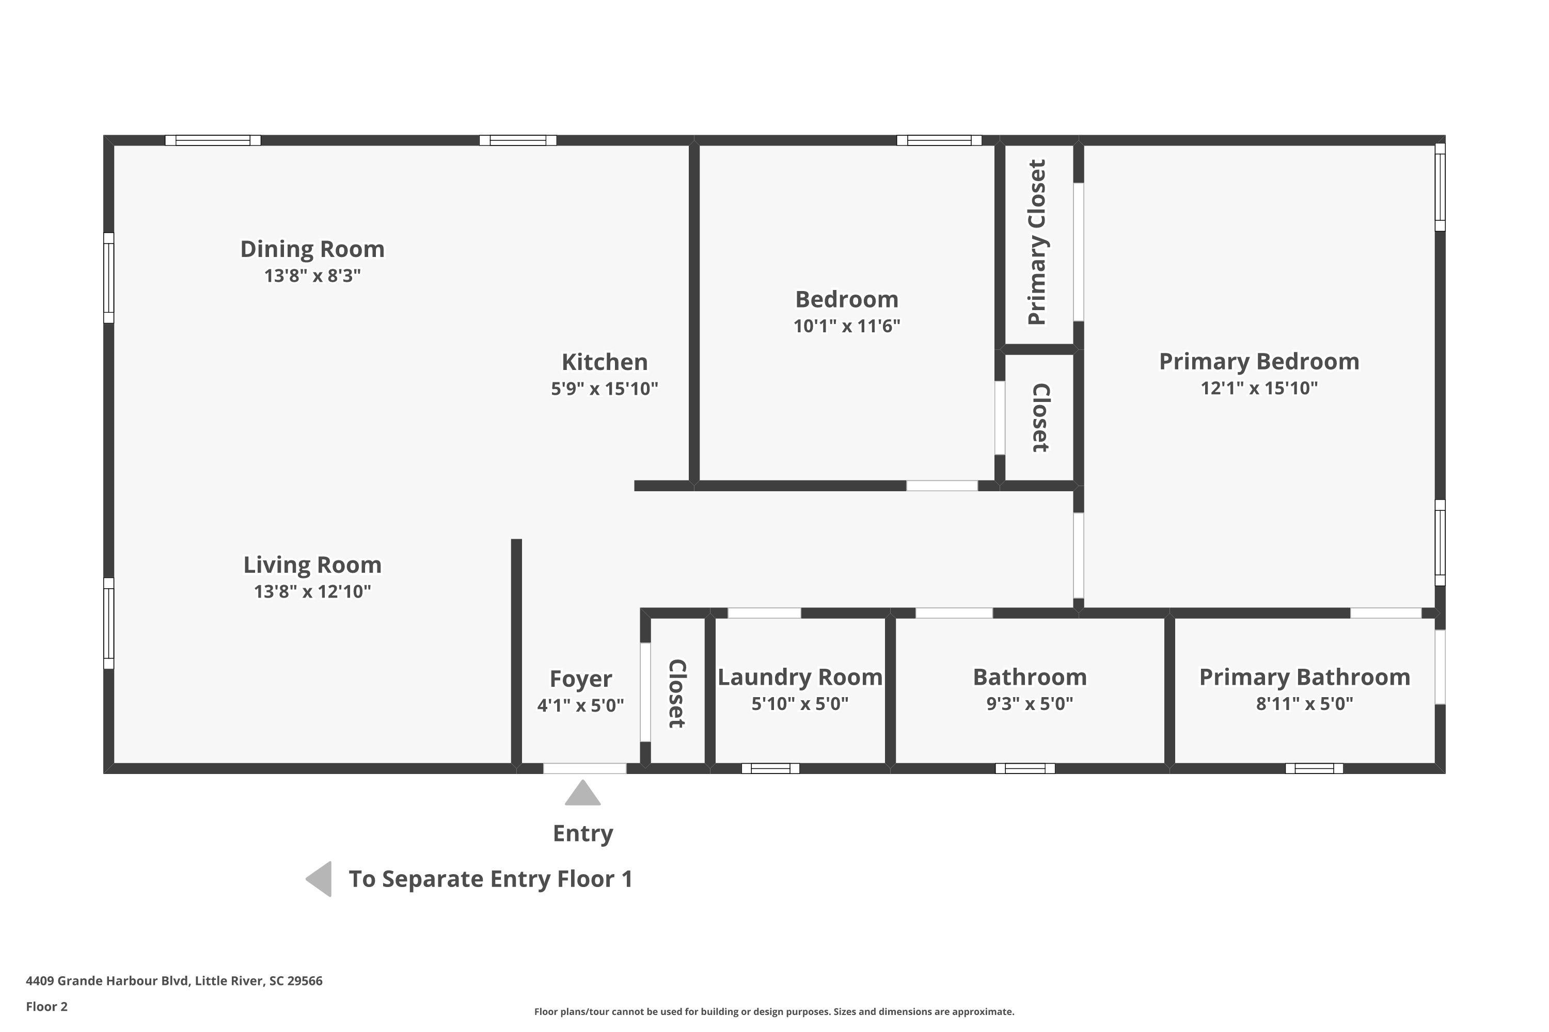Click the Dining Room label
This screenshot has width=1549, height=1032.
tap(312, 249)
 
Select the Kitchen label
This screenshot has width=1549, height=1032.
tap(605, 362)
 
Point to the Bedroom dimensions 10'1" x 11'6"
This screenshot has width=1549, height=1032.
tap(846, 326)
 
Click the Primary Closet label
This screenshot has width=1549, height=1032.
tap(1037, 242)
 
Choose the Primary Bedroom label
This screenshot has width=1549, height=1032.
tap(1259, 361)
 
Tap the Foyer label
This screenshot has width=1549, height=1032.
tap(581, 679)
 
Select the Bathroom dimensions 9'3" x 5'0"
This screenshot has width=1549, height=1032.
tap(1030, 704)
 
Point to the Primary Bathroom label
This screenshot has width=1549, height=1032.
tap(1305, 676)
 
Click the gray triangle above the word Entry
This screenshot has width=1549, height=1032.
tap(583, 793)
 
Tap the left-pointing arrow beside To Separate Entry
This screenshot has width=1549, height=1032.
tap(319, 879)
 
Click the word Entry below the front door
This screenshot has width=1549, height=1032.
tap(583, 833)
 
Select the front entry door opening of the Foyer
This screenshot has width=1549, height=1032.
tap(585, 769)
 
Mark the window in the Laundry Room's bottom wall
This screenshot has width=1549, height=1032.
tap(770, 769)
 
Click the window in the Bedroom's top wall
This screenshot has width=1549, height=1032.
tap(939, 140)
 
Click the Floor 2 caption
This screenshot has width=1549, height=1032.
tap(47, 1006)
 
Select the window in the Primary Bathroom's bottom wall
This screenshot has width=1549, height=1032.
tap(1314, 769)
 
